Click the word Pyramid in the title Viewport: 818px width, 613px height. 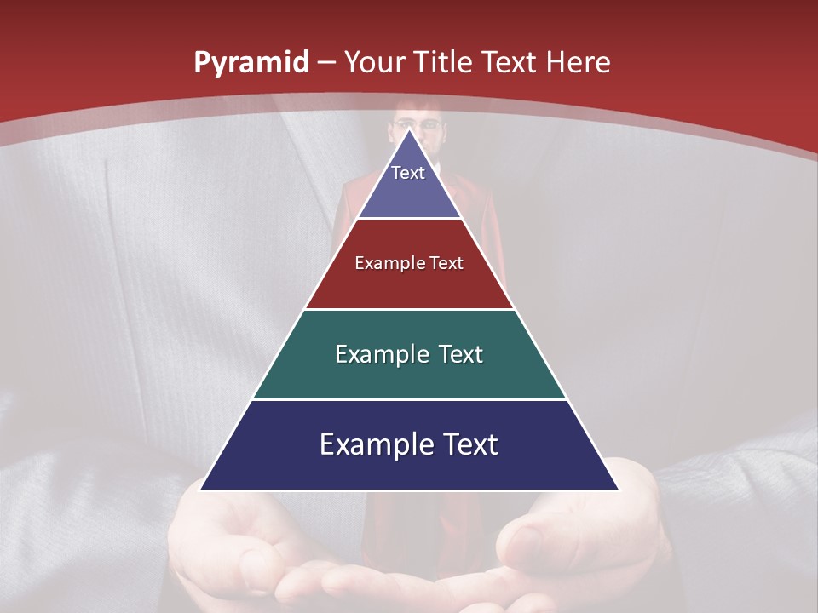coord(251,63)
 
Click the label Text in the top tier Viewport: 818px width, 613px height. coord(408,173)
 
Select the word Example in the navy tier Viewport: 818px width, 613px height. coord(372,444)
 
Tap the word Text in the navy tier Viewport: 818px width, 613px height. coord(467,444)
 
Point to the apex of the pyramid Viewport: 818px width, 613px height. coord(410,129)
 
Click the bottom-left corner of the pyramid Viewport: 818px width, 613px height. coord(201,490)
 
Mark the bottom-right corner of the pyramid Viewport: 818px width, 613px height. coord(618,490)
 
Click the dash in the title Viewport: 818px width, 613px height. coord(326,63)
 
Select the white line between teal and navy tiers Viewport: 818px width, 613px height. coord(410,399)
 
